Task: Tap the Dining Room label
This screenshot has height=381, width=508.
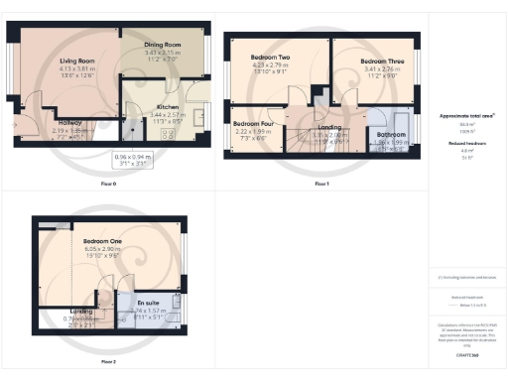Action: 159,45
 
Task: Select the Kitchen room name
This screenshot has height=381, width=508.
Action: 167,107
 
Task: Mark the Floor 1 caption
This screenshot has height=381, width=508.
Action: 321,185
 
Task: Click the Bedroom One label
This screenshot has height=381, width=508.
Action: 102,242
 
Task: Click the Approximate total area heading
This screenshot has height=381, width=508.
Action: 465,116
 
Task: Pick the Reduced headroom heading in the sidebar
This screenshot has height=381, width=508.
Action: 465,143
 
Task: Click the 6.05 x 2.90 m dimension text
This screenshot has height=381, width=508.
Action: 102,249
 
